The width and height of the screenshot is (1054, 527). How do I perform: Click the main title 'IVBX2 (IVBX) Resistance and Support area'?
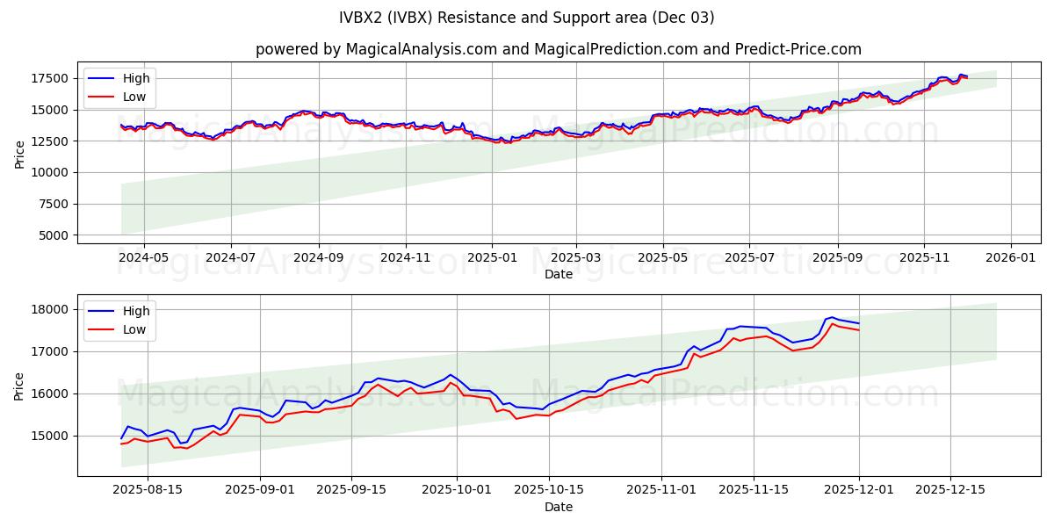[x=527, y=18]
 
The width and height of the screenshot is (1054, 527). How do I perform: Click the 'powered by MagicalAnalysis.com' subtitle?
[x=558, y=49]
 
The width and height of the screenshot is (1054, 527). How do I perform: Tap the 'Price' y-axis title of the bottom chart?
[x=19, y=386]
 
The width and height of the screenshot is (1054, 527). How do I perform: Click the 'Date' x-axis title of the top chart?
[x=558, y=275]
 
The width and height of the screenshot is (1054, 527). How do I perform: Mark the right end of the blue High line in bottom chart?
[x=858, y=324]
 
